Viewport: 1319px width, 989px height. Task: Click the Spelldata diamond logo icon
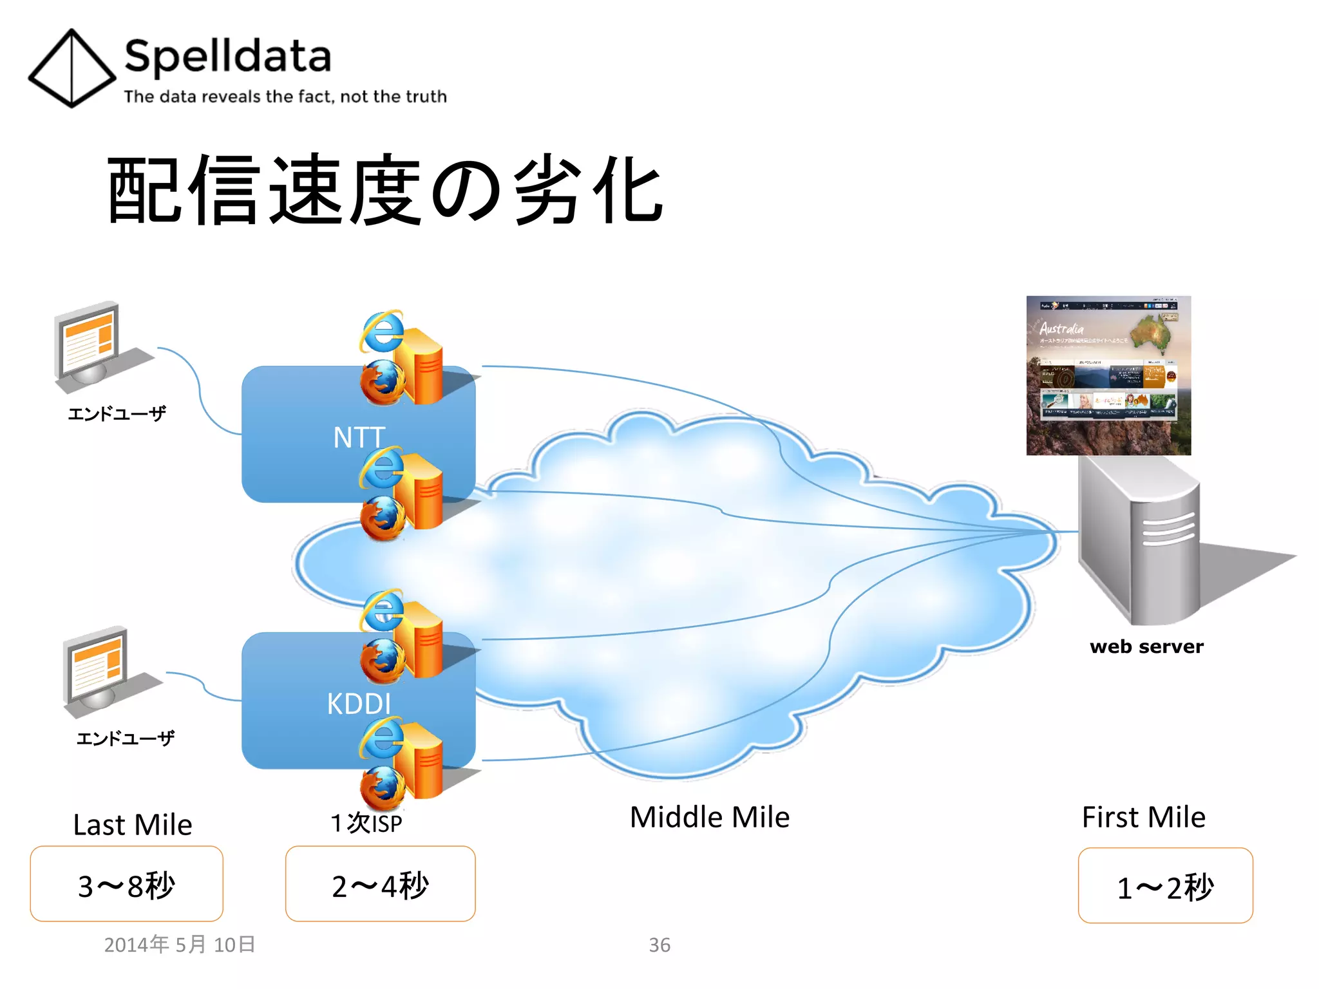tap(71, 68)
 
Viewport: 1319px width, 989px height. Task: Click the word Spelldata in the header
tap(227, 57)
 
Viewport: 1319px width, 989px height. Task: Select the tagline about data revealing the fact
tap(285, 97)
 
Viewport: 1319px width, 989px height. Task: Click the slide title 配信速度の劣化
tap(385, 190)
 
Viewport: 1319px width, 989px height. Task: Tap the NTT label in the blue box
tap(359, 438)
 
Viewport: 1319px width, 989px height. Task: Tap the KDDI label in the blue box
tap(359, 704)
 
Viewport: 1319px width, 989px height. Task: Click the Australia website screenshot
tap(1108, 375)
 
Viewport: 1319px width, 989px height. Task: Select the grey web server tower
tap(1139, 541)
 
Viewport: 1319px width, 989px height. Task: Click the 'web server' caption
tap(1146, 646)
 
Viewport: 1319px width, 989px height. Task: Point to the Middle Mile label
tap(710, 817)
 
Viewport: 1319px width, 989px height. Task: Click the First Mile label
tap(1143, 817)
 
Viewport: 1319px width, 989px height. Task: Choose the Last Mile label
tap(133, 825)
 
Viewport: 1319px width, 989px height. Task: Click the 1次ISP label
tap(366, 823)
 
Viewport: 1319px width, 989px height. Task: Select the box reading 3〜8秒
tap(126, 884)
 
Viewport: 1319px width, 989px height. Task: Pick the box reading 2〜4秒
tap(380, 884)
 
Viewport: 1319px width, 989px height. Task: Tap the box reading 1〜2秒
tap(1165, 886)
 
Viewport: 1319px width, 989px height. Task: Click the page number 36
tap(659, 945)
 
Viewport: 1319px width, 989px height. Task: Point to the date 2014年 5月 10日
tap(180, 945)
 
